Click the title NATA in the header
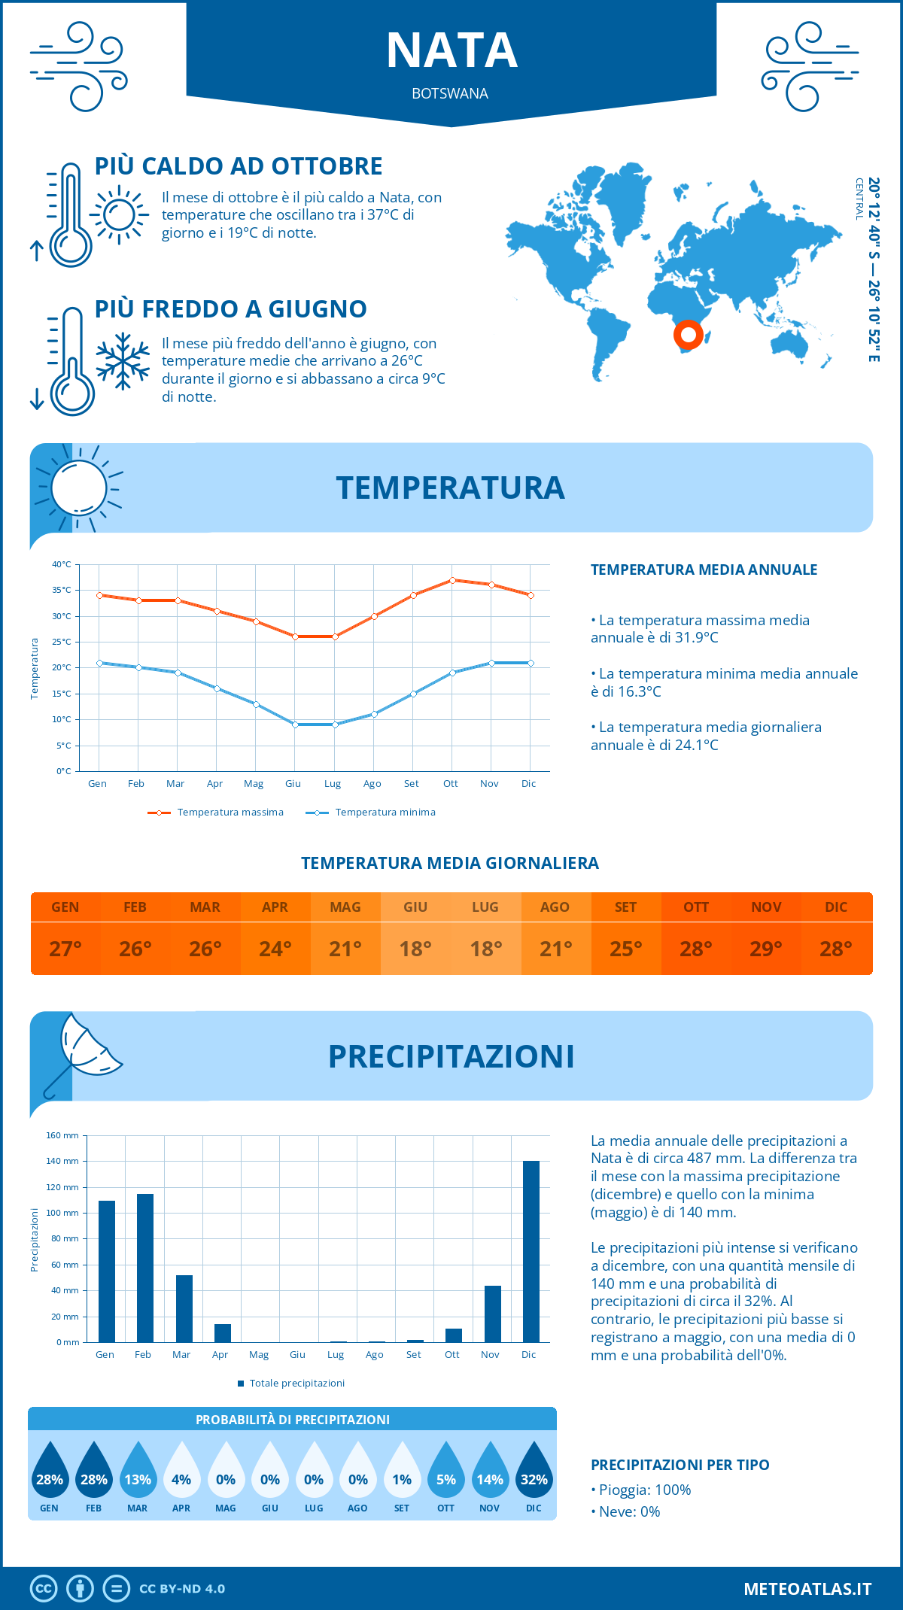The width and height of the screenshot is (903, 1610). click(x=451, y=51)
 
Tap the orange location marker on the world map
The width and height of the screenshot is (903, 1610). click(x=688, y=334)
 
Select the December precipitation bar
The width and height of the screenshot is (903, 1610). click(x=531, y=1251)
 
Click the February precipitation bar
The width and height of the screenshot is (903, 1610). click(x=145, y=1268)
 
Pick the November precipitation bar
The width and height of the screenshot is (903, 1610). click(x=493, y=1314)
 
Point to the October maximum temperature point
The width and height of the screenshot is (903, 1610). click(x=452, y=580)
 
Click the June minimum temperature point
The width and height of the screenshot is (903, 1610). click(x=295, y=724)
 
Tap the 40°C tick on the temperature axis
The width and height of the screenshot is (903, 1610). click(x=62, y=564)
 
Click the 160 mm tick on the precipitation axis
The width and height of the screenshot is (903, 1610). click(x=63, y=1135)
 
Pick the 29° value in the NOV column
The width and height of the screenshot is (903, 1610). click(x=766, y=949)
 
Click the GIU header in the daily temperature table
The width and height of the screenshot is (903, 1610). click(x=415, y=907)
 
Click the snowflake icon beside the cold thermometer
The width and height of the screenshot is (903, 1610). click(x=123, y=361)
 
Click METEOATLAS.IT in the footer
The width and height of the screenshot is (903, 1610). click(x=807, y=1589)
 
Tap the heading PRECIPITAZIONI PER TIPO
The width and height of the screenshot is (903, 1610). click(x=680, y=1465)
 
